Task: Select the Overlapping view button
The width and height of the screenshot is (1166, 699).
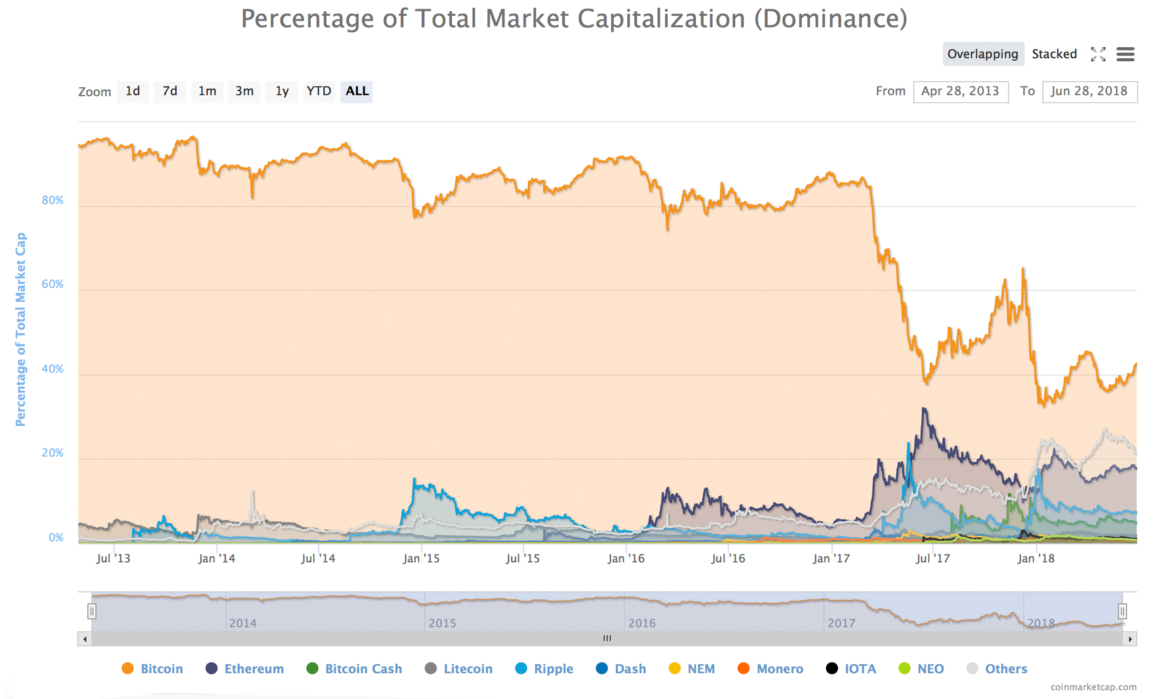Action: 983,54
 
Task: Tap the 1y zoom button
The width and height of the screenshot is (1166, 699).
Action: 282,91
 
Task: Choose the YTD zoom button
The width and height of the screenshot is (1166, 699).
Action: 319,91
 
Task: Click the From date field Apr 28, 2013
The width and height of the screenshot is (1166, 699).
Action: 960,91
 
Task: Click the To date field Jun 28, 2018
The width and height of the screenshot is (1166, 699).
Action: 1089,91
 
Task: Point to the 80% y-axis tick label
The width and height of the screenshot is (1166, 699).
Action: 52,200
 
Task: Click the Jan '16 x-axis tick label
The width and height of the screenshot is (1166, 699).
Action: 625,559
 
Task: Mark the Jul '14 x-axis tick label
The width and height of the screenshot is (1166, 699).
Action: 318,559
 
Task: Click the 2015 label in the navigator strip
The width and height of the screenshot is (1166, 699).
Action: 442,623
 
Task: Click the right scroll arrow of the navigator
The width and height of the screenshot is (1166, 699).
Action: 1130,639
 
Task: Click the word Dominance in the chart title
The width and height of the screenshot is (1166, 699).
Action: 831,19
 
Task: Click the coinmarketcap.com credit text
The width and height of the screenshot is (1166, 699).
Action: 1093,687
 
